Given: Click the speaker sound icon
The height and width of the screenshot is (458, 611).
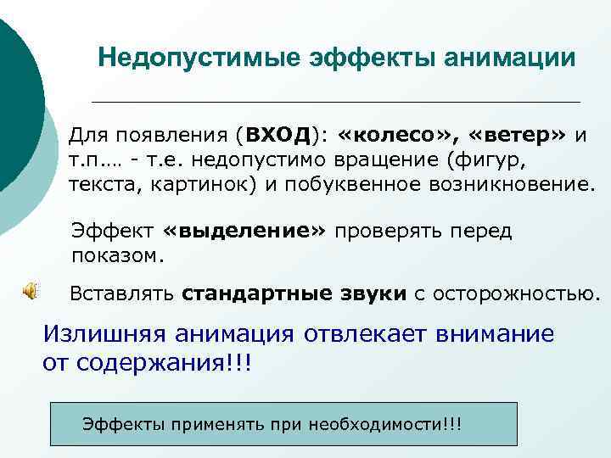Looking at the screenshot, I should pyautogui.click(x=29, y=292).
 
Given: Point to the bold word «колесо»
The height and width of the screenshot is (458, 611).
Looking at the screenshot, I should pyautogui.click(x=391, y=135).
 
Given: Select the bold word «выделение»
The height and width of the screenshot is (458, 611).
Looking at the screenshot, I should pyautogui.click(x=244, y=232).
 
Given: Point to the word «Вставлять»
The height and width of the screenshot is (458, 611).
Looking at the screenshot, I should pyautogui.click(x=121, y=294).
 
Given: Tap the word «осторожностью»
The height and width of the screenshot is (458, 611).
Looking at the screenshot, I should pyautogui.click(x=517, y=294).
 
